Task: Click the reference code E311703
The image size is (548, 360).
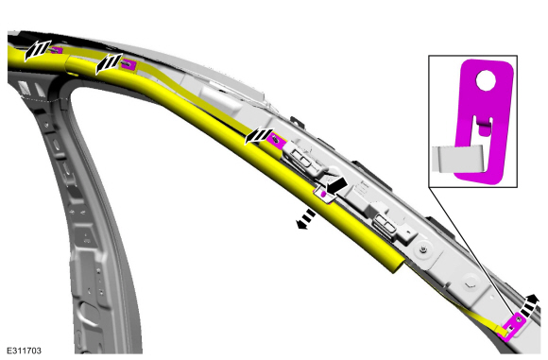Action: coord(25,351)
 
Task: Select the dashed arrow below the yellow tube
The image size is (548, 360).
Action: coord(306,219)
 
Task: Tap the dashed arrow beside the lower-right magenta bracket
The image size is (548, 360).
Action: coord(529,305)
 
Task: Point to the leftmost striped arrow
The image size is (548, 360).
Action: coord(37,50)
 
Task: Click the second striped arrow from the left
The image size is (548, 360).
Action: coord(109,63)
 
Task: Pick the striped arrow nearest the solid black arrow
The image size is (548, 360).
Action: coord(259,136)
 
